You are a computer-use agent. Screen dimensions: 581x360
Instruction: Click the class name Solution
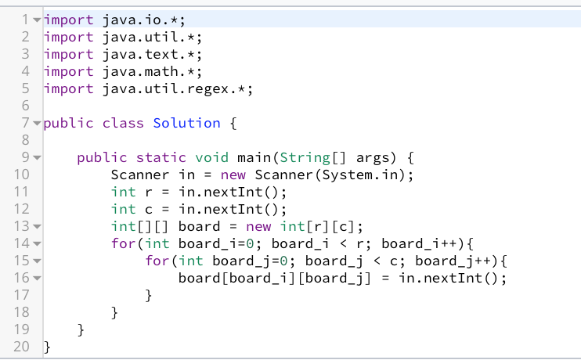[x=186, y=123]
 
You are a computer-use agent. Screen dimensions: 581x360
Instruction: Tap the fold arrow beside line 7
[x=37, y=123]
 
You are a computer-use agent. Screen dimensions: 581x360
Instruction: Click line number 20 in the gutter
[x=21, y=347]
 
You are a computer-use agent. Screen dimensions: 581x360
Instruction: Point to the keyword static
[x=161, y=158]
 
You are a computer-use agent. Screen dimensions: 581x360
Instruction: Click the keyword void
[x=211, y=158]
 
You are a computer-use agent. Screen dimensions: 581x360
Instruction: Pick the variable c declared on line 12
[x=149, y=210]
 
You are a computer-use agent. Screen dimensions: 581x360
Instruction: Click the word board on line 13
[x=199, y=226]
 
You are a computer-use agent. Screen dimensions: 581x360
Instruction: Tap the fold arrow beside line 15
[x=37, y=261]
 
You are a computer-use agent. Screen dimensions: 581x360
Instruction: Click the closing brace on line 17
[x=149, y=296]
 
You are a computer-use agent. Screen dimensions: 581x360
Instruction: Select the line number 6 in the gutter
[x=25, y=106]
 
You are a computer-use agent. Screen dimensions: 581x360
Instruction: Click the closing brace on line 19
[x=81, y=330]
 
